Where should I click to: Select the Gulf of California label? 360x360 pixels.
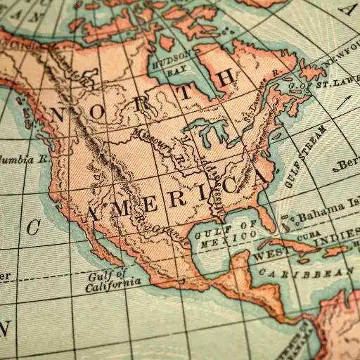tap(110, 279)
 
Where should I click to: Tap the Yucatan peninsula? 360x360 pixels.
tap(239, 264)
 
